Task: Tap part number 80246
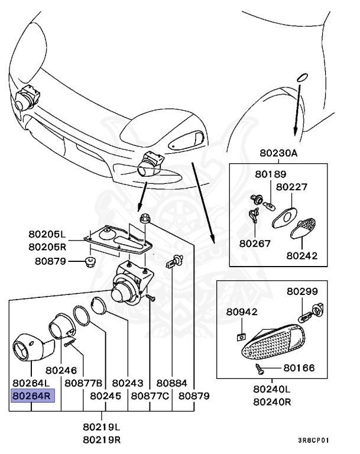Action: [61, 371]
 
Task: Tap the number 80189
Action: [271, 174]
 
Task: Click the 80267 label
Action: [255, 242]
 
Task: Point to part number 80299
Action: [303, 291]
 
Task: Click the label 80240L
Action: [272, 389]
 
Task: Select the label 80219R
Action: [102, 439]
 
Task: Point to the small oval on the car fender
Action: [301, 77]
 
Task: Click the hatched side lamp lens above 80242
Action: [306, 227]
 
